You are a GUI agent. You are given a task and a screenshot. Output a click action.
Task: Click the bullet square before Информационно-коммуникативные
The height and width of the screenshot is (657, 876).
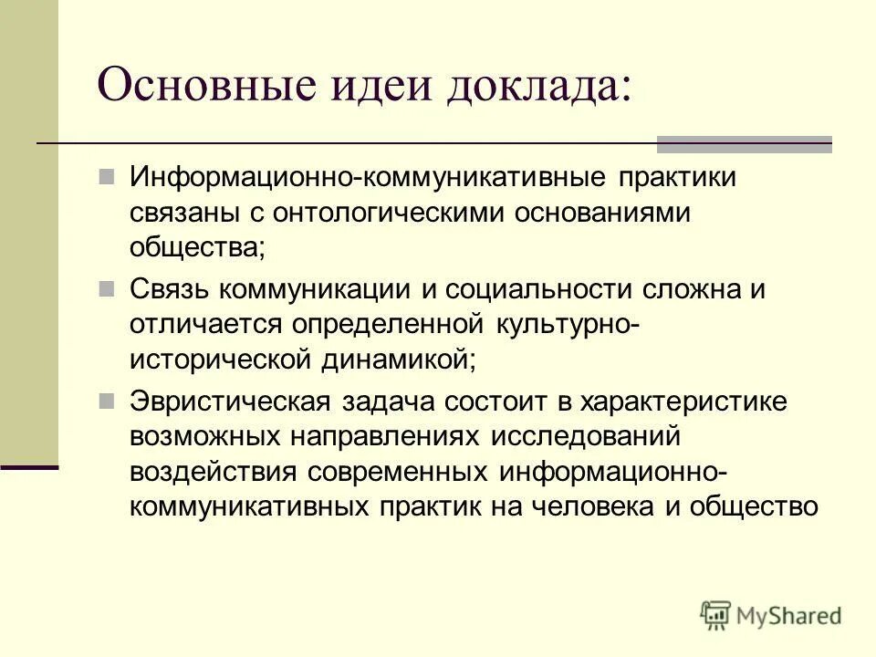pyautogui.click(x=108, y=174)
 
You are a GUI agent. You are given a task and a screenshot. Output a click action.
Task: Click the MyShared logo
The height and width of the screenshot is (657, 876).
pyautogui.click(x=772, y=615)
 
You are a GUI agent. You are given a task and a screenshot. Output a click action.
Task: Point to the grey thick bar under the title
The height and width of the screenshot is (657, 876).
pyautogui.click(x=745, y=143)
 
